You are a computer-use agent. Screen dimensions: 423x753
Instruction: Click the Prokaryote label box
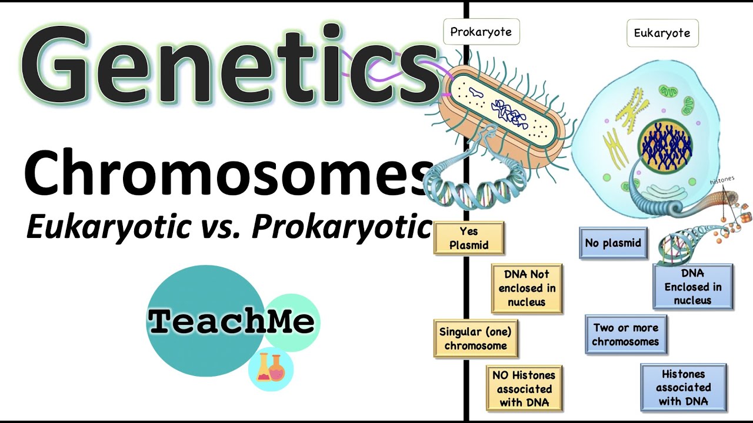[481, 32]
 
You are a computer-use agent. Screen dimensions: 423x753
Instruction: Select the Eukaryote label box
[662, 33]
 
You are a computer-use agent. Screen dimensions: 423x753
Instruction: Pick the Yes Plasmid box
[469, 238]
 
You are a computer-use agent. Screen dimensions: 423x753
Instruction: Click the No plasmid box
[613, 243]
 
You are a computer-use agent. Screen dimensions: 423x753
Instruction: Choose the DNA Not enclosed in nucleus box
[527, 288]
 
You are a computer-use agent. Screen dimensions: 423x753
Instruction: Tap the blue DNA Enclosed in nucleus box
[692, 287]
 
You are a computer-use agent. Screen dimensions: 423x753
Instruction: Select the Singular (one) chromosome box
[475, 338]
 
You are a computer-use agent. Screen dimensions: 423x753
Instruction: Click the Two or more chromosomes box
[626, 335]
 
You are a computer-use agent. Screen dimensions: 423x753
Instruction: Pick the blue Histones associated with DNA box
[683, 387]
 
